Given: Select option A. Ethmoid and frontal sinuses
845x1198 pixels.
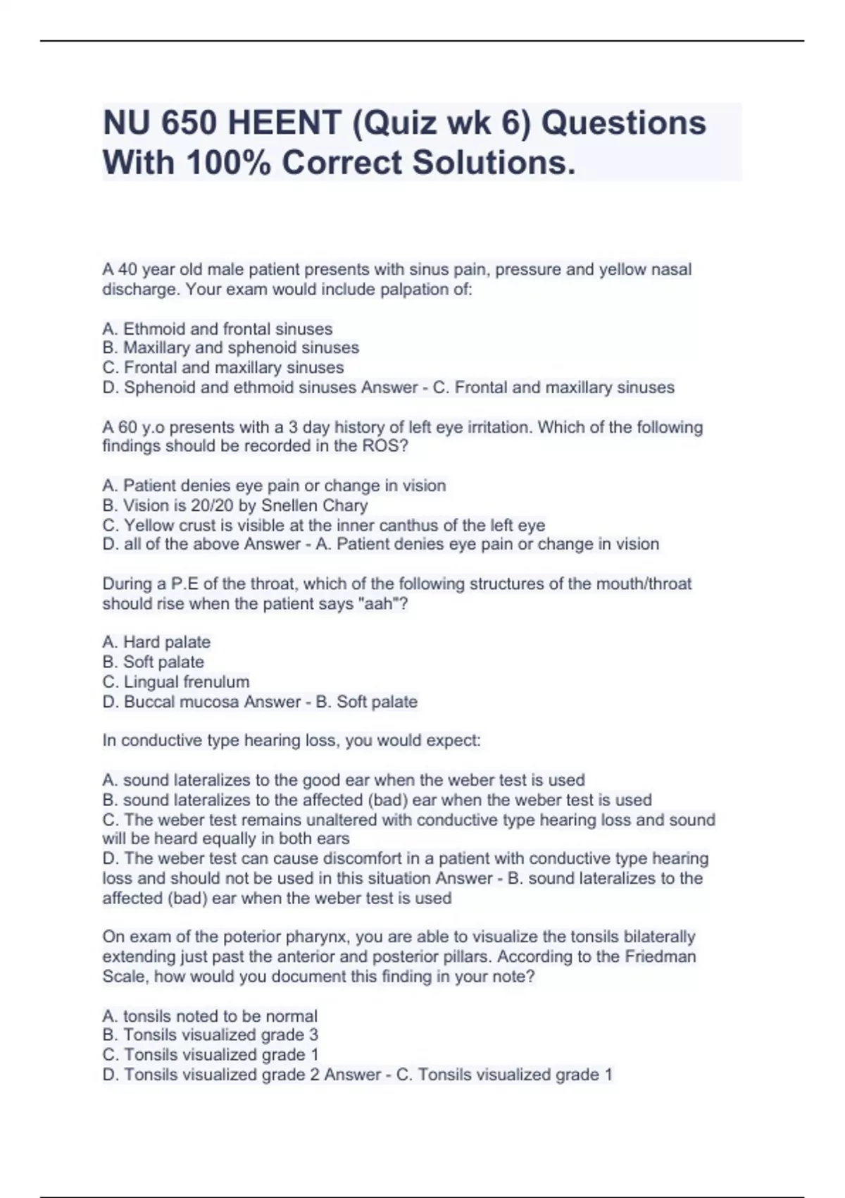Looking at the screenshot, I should click(217, 329).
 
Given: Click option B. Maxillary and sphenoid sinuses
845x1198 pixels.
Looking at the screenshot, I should click(230, 348).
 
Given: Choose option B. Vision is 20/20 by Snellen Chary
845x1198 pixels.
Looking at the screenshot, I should click(234, 505).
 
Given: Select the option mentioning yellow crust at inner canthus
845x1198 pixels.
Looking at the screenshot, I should click(323, 525).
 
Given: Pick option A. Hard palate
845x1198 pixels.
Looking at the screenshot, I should click(156, 642).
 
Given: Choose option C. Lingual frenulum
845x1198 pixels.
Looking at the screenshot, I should click(175, 681).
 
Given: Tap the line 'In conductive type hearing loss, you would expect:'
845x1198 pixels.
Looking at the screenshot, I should click(291, 741).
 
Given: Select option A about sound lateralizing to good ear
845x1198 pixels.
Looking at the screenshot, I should click(343, 780).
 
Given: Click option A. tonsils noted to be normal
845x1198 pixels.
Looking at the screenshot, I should click(209, 1015).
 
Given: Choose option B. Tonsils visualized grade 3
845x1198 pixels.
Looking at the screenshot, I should click(210, 1035).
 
